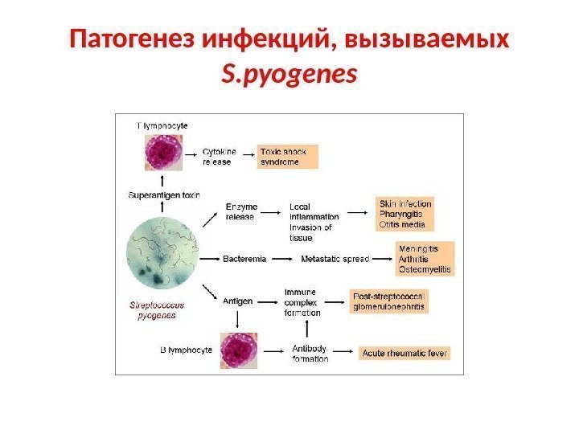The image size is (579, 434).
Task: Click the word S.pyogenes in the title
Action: tap(289, 74)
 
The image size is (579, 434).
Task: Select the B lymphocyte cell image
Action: tap(239, 351)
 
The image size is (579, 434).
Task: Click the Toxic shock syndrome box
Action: tap(287, 156)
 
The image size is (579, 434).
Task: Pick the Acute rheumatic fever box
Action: tap(405, 353)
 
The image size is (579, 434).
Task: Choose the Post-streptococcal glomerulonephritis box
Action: tap(389, 301)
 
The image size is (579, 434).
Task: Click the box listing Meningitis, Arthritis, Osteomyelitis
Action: tap(425, 259)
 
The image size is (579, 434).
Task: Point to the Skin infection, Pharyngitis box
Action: tap(405, 214)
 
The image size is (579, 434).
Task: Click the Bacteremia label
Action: tap(244, 259)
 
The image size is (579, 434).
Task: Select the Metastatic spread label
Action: tap(335, 259)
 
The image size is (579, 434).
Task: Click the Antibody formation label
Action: tap(310, 354)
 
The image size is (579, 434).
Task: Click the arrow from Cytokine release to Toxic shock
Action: tap(247, 156)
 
